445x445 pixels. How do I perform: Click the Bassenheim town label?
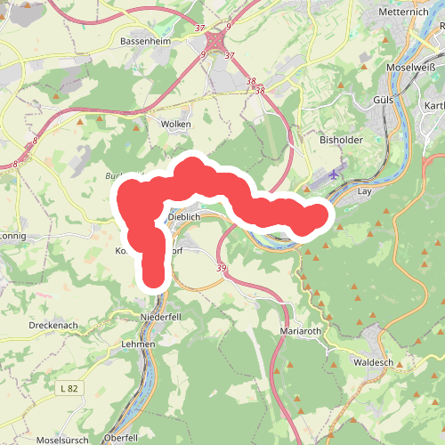(145, 41)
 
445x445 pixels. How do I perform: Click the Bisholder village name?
(337, 140)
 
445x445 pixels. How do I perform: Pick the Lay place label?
(362, 190)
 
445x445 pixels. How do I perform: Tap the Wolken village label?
(175, 125)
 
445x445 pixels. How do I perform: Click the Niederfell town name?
(161, 317)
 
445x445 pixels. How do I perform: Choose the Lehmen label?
(140, 344)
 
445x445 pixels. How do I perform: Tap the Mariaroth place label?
(298, 331)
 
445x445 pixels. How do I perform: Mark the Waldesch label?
(372, 362)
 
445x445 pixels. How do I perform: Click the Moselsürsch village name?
(63, 441)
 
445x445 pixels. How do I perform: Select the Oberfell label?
(121, 438)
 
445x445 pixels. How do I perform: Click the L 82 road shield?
(69, 388)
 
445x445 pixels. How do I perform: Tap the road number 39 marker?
(220, 269)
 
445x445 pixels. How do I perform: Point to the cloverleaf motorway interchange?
(216, 42)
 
